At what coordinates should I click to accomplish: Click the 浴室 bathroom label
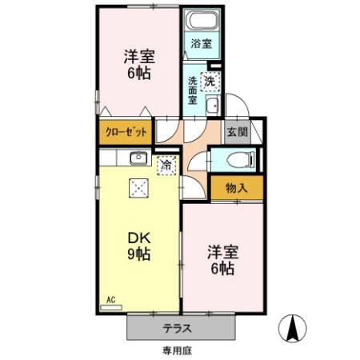(x=201, y=44)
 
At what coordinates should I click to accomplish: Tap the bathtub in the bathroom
(x=201, y=22)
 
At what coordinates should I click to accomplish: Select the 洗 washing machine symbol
(x=209, y=79)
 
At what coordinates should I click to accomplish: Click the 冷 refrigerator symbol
(x=166, y=166)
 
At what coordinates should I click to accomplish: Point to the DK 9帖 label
(x=141, y=246)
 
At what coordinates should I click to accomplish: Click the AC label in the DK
(x=111, y=300)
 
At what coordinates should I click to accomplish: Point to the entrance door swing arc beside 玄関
(x=237, y=107)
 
